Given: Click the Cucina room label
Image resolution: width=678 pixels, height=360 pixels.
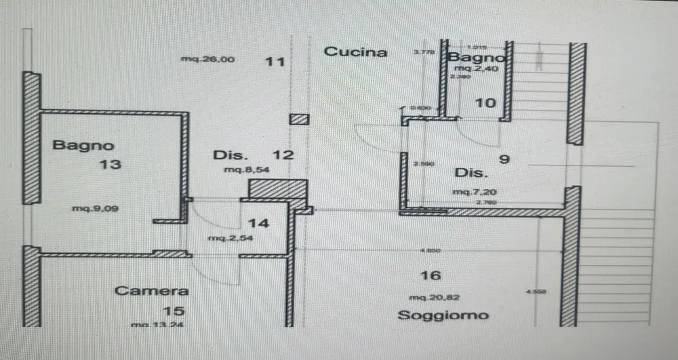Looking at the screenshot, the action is [x=355, y=52].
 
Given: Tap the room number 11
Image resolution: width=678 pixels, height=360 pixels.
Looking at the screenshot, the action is [x=274, y=62].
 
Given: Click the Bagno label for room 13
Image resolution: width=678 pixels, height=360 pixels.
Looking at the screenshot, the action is [x=83, y=145].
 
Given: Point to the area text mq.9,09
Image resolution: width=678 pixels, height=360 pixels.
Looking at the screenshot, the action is [x=96, y=209].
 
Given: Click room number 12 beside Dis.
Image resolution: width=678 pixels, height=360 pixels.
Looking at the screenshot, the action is [x=283, y=155].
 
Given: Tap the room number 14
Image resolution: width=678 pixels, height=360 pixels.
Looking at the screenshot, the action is [x=258, y=223].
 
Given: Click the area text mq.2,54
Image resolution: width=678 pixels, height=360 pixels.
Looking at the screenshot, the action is [x=226, y=239].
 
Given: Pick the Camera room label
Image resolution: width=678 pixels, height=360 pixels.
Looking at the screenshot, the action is [x=151, y=291].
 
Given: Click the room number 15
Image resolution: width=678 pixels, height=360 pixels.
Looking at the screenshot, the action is [x=174, y=311].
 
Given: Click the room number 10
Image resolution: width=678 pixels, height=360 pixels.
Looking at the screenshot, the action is [x=485, y=103].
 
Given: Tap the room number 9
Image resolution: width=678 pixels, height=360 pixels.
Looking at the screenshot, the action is [x=504, y=160].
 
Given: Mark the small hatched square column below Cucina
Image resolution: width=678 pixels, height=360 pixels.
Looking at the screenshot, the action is [x=299, y=119].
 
